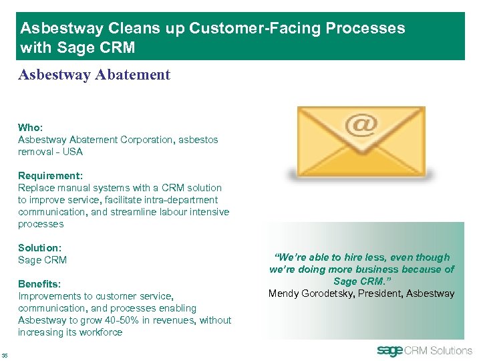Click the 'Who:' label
pyautogui.click(x=29, y=127)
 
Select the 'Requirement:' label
pyautogui.click(x=50, y=176)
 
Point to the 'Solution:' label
pyautogui.click(x=39, y=248)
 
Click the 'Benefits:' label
pyautogui.click(x=38, y=284)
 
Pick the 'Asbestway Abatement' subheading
pyautogui.click(x=94, y=75)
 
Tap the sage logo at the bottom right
pyautogui.click(x=390, y=351)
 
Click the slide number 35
pyautogui.click(x=5, y=355)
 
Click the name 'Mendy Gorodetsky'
pyautogui.click(x=311, y=293)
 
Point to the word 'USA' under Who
pyautogui.click(x=72, y=152)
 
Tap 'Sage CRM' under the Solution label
pyautogui.click(x=42, y=260)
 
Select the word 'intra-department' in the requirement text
pyautogui.click(x=180, y=200)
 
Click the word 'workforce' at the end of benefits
pyautogui.click(x=100, y=332)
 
